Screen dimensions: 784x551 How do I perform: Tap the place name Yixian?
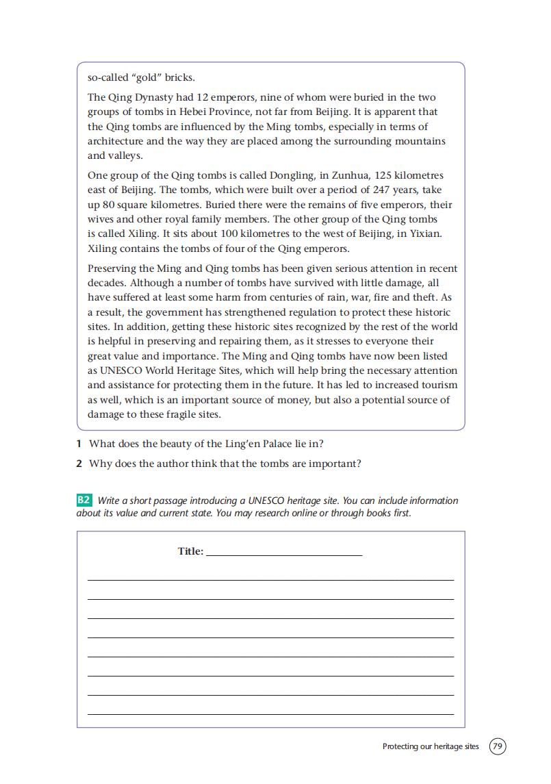click(x=422, y=233)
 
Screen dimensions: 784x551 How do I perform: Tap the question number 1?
click(x=79, y=444)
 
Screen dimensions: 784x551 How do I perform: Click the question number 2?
click(x=79, y=464)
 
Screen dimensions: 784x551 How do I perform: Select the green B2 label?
click(x=84, y=501)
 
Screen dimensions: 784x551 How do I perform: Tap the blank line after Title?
click(x=283, y=552)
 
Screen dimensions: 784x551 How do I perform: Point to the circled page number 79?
click(x=498, y=746)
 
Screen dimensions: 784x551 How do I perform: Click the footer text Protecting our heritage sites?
click(x=431, y=746)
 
